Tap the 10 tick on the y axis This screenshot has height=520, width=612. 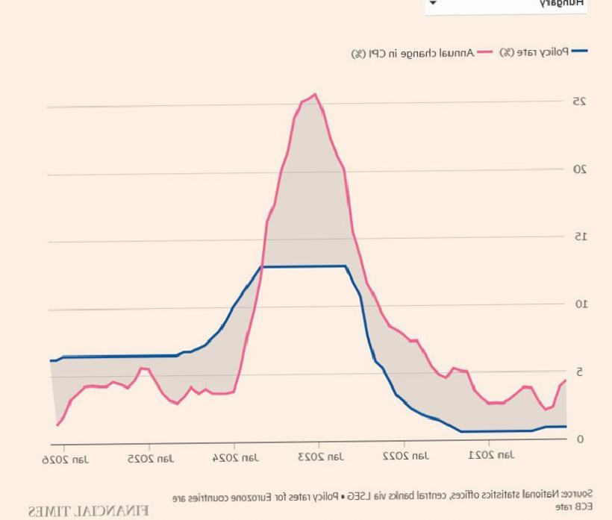pos(579,304)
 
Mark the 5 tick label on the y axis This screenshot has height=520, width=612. pos(579,372)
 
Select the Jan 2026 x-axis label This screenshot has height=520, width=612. pos(66,458)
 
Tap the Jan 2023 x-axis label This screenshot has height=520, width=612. pos(319,457)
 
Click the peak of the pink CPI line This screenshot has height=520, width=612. pos(315,94)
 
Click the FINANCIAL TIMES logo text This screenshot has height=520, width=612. pos(88,511)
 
